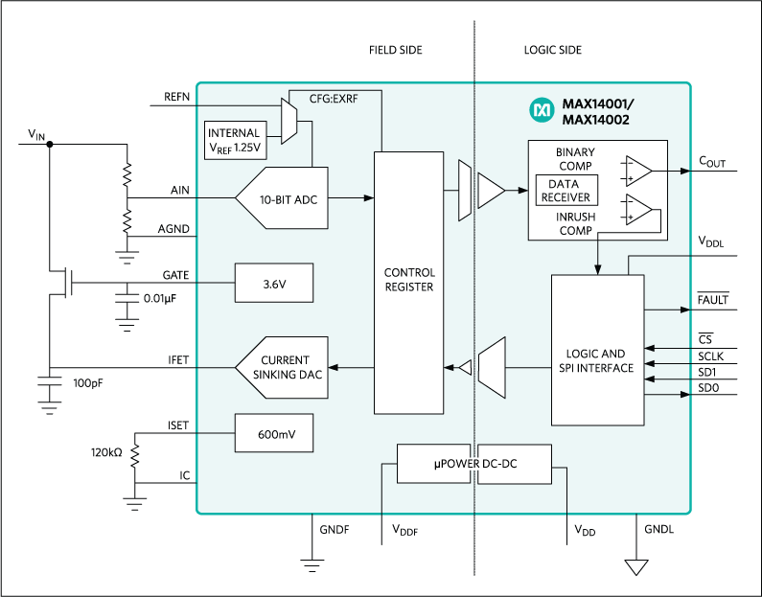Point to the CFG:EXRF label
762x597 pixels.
(x=335, y=98)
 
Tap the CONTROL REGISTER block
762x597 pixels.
(x=408, y=279)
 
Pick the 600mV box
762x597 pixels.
(x=273, y=434)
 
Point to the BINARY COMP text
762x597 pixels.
(x=575, y=159)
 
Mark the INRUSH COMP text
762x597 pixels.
(x=575, y=223)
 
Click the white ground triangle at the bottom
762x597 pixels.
(x=636, y=567)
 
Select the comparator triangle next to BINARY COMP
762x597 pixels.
(x=637, y=171)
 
